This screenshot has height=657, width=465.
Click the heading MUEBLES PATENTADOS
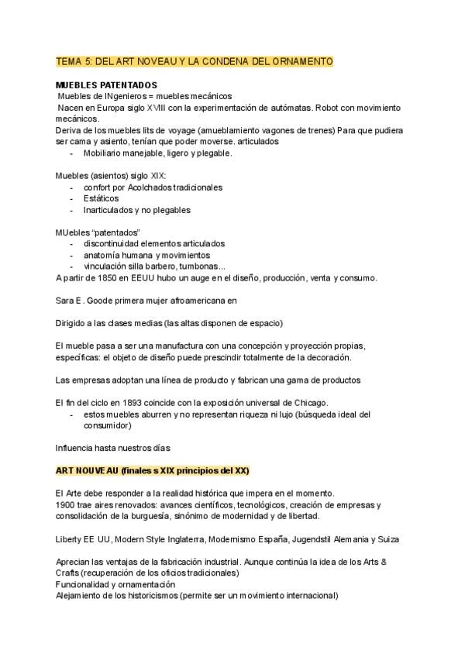106,84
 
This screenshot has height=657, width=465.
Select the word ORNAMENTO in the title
300,60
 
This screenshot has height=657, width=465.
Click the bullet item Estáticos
101,198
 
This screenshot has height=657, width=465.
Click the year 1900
65,504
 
